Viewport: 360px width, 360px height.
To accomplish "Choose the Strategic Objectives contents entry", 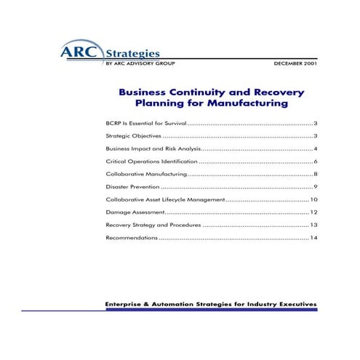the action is pyautogui.click(x=132, y=136).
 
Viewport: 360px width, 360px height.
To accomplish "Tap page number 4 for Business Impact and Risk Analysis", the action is pyautogui.click(x=315, y=148).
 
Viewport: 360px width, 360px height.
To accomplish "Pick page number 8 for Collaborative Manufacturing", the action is pyautogui.click(x=315, y=174).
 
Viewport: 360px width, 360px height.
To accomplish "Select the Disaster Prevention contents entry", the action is pyautogui.click(x=129, y=187).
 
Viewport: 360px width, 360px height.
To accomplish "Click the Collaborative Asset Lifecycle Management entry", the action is pyautogui.click(x=165, y=199).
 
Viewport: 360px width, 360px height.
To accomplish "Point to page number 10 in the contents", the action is pyautogui.click(x=313, y=199).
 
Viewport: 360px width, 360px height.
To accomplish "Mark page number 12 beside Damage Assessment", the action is pyautogui.click(x=313, y=212).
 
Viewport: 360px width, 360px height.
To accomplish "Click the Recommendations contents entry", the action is pyautogui.click(x=131, y=238).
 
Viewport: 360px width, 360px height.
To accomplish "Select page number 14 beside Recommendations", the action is pyautogui.click(x=313, y=238).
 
